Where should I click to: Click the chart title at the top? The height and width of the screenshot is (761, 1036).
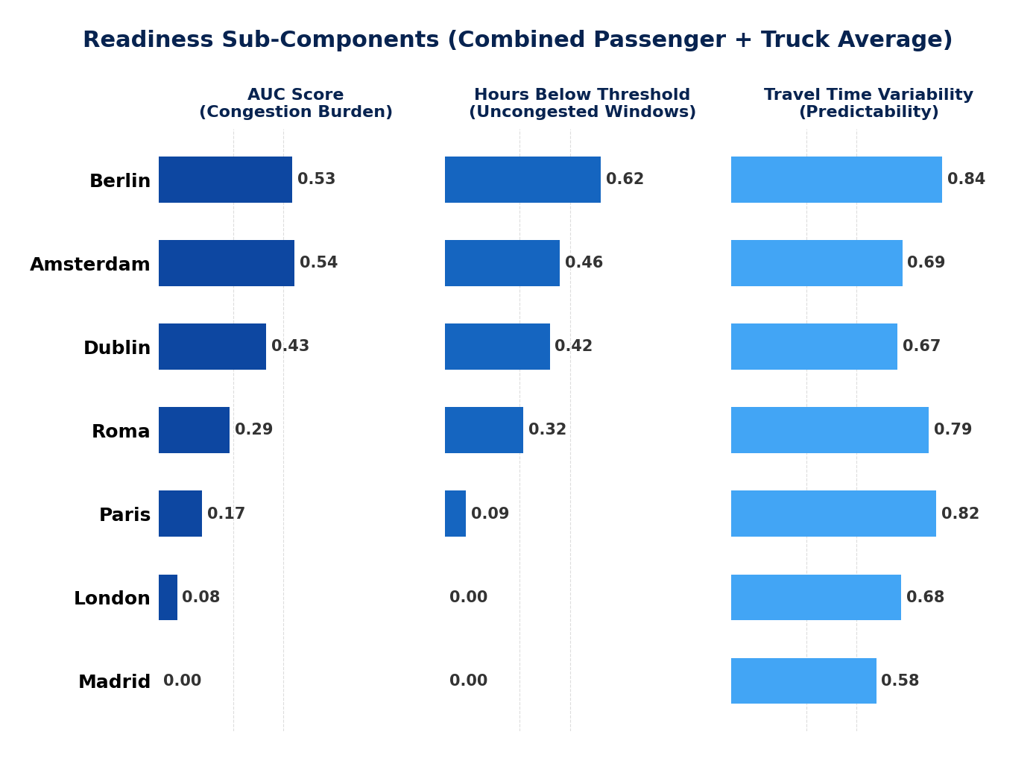point(517,40)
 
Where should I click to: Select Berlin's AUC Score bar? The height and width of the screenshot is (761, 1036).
point(225,180)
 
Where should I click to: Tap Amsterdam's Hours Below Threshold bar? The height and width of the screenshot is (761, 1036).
point(502,263)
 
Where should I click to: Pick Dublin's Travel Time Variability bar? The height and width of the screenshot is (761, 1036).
point(814,347)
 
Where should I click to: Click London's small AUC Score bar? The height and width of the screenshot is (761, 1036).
point(168,597)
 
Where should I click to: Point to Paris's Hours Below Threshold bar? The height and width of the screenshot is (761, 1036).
point(455,514)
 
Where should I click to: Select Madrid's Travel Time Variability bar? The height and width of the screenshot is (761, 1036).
point(803,681)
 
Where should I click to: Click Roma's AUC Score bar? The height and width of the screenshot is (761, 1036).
point(194,430)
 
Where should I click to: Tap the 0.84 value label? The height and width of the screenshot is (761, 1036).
point(966,180)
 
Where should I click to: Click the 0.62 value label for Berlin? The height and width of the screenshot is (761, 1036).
point(625,180)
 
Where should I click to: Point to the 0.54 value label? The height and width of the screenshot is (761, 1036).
point(318,263)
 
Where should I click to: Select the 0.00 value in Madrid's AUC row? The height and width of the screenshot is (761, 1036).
point(182,681)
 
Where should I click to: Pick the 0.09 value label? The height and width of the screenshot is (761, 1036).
point(490,514)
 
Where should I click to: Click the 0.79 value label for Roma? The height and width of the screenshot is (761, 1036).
point(953,430)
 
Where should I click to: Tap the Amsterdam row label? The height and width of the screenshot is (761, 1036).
point(90,265)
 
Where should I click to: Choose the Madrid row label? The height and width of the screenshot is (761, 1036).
point(114,682)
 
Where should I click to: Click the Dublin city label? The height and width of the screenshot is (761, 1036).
point(117,348)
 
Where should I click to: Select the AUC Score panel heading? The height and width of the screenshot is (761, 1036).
point(295,104)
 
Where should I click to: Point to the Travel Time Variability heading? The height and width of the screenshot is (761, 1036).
point(868,104)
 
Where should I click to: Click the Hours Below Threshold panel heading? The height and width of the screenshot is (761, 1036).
point(582,104)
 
